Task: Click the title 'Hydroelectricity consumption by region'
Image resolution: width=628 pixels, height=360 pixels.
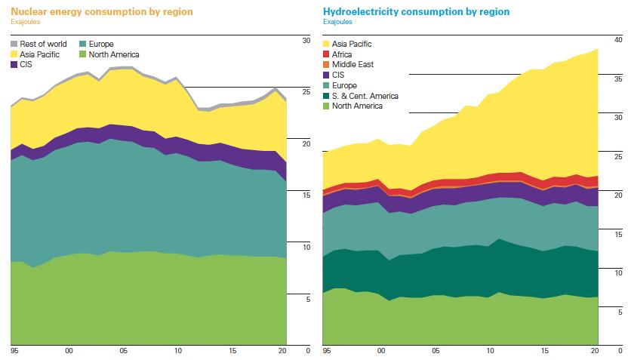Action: (x=416, y=12)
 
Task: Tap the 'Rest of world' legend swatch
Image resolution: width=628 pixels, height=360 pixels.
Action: (x=15, y=45)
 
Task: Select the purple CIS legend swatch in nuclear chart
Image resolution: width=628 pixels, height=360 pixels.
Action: (x=15, y=65)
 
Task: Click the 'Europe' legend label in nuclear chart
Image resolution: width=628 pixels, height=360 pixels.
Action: (x=100, y=45)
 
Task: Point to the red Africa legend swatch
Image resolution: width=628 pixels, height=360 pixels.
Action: (x=327, y=54)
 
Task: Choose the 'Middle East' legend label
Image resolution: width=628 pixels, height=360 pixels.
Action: (x=353, y=65)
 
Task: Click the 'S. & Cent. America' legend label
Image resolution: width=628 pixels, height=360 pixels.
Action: (x=365, y=96)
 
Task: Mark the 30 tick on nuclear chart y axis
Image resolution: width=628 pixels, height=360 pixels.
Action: (x=306, y=39)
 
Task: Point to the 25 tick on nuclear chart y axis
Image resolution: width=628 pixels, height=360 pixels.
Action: (x=306, y=91)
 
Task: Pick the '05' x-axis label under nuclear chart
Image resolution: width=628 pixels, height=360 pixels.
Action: (x=124, y=351)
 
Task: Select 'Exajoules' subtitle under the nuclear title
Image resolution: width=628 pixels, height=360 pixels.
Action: (x=25, y=22)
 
